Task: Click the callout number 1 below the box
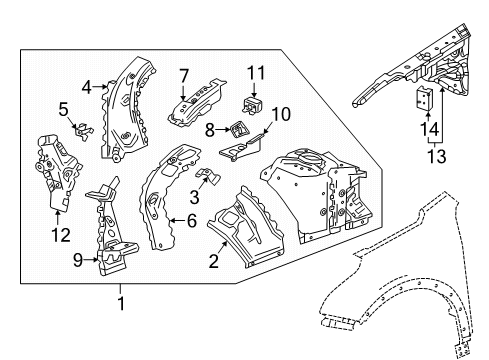pyautogui.click(x=121, y=304)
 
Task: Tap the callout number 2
pyautogui.click(x=214, y=260)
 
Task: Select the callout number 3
pyautogui.click(x=194, y=197)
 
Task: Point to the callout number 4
pyautogui.click(x=86, y=87)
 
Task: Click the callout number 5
pyautogui.click(x=63, y=109)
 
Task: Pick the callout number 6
pyautogui.click(x=192, y=220)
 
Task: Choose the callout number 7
pyautogui.click(x=184, y=76)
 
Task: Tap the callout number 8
pyautogui.click(x=209, y=130)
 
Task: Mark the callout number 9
pyautogui.click(x=78, y=260)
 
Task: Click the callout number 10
pyautogui.click(x=280, y=114)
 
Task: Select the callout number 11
pyautogui.click(x=256, y=73)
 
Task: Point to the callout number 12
pyautogui.click(x=61, y=235)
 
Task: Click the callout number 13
pyautogui.click(x=436, y=156)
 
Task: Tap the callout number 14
pyautogui.click(x=429, y=129)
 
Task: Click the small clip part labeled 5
pyautogui.click(x=82, y=131)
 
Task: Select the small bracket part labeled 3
pyautogui.click(x=207, y=175)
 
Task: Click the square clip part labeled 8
pyautogui.click(x=239, y=129)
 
